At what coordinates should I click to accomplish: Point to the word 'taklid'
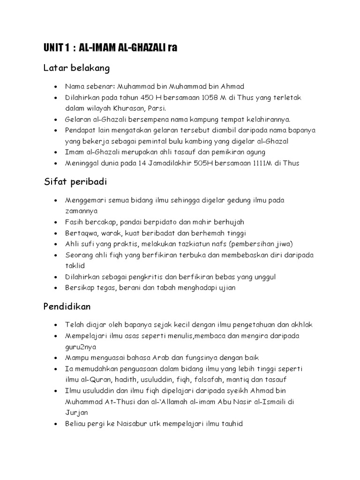pos(74,265)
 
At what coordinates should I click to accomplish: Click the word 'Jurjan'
pos(75,413)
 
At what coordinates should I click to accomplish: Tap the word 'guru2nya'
pos(81,347)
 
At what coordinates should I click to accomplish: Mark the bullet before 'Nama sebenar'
pos(56,87)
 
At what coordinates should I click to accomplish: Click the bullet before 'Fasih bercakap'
pos(56,222)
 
